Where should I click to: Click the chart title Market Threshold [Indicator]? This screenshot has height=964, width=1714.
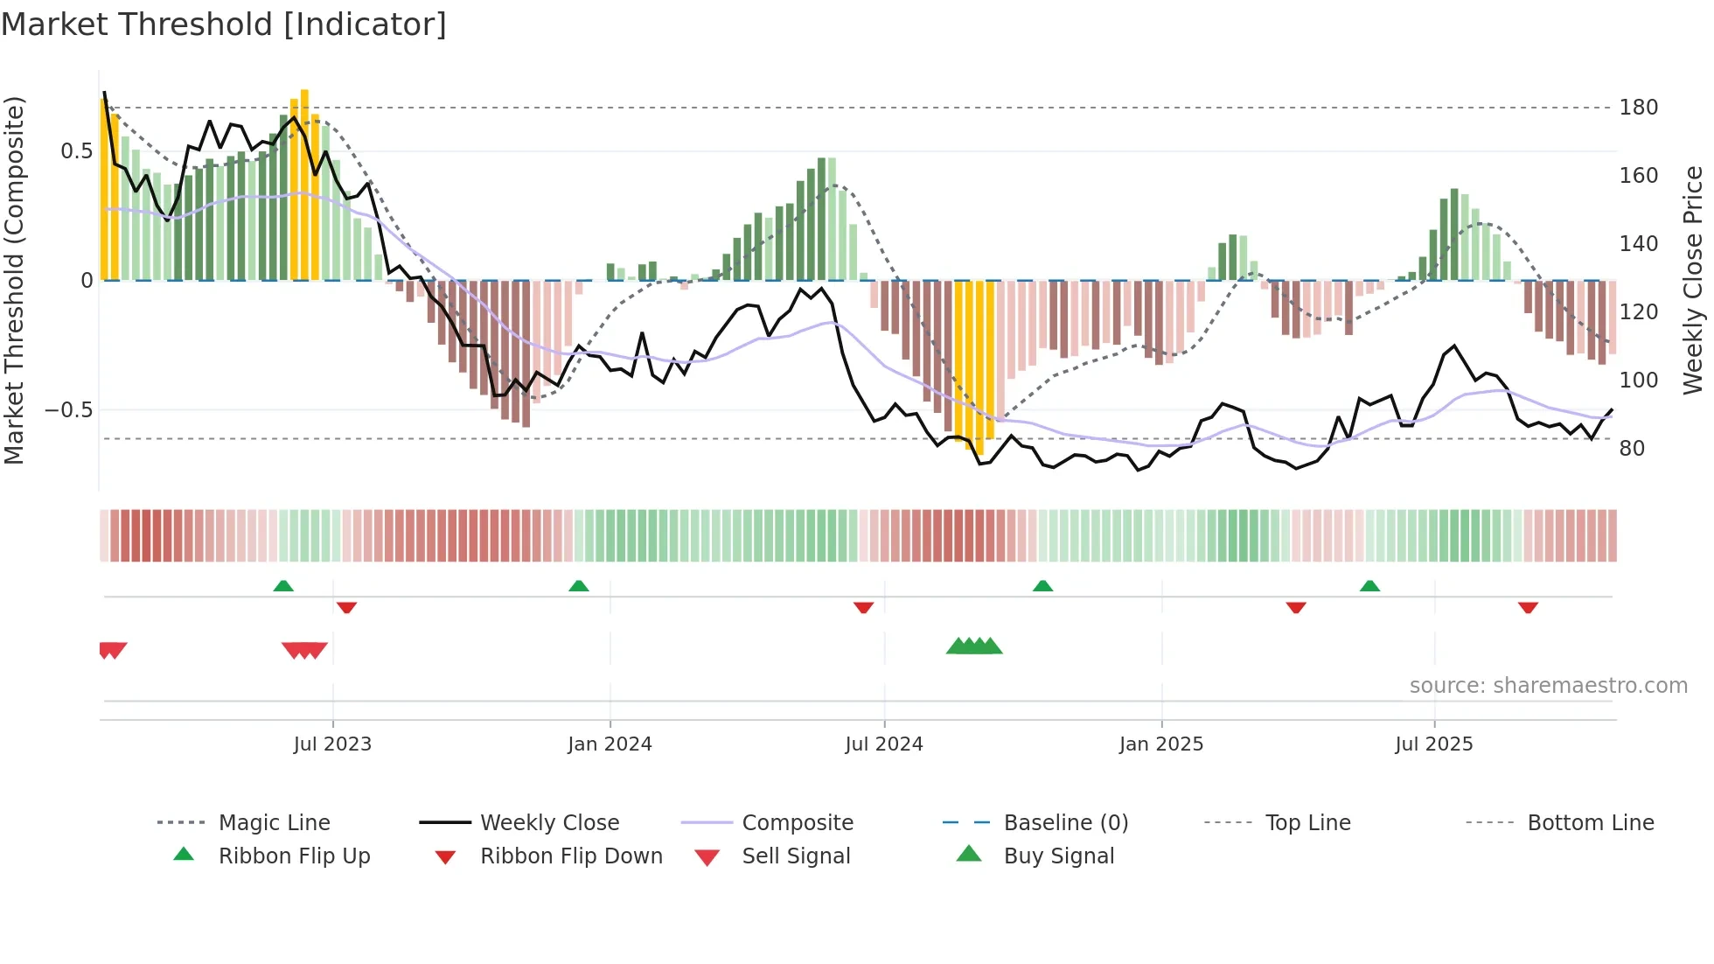(224, 24)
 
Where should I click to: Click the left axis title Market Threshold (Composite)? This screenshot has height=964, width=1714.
(14, 280)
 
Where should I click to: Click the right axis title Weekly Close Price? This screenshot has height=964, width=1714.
(1693, 280)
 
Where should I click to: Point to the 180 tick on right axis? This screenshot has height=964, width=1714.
(1638, 108)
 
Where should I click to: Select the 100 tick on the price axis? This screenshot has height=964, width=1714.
(1638, 381)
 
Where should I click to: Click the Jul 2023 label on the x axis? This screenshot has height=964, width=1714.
(332, 744)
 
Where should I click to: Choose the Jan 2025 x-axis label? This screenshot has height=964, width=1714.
(1161, 744)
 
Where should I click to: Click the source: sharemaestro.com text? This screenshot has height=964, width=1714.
(1548, 686)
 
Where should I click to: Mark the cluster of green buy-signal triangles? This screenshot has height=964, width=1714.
(974, 646)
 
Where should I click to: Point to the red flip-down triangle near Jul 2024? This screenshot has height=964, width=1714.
(864, 607)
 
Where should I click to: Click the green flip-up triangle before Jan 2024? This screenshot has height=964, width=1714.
(579, 586)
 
